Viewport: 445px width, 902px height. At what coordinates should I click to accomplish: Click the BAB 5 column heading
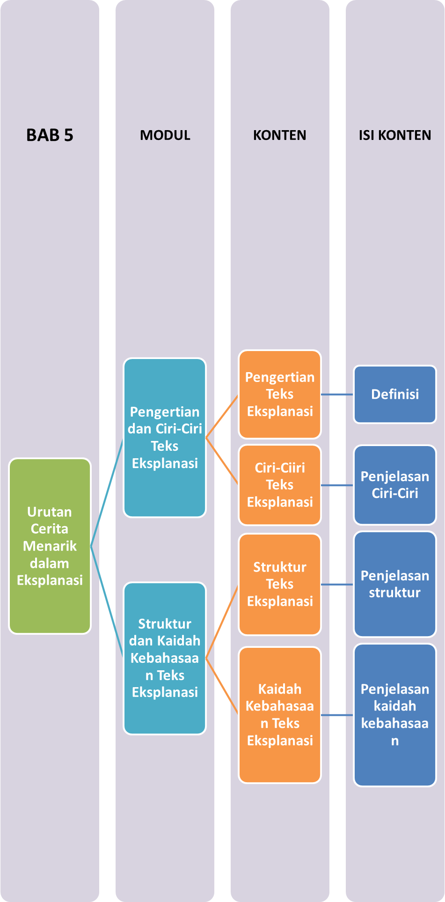click(x=50, y=135)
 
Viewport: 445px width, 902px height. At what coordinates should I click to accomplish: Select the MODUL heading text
click(x=165, y=135)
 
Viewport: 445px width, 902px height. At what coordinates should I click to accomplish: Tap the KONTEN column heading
click(x=279, y=135)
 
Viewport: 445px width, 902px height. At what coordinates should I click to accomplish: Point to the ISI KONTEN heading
click(x=395, y=135)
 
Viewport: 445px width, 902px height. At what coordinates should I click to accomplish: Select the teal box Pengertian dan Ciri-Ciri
click(x=165, y=438)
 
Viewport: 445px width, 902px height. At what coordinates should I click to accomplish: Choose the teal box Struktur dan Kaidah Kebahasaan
click(x=165, y=658)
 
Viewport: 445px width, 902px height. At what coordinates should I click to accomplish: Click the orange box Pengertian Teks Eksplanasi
click(x=280, y=394)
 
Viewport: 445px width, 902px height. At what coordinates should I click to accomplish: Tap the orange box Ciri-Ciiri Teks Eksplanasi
click(x=280, y=485)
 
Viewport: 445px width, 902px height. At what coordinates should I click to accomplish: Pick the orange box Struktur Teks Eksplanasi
click(x=280, y=584)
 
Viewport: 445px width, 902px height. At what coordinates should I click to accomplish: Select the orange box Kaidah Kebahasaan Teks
click(x=280, y=715)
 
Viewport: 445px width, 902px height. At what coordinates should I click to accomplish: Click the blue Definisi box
click(x=395, y=394)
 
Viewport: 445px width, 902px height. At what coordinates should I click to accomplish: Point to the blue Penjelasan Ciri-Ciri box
click(x=395, y=485)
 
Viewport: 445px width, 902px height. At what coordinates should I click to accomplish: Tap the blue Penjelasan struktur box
click(x=395, y=584)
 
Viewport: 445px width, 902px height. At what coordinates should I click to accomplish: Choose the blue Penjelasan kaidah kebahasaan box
click(x=395, y=715)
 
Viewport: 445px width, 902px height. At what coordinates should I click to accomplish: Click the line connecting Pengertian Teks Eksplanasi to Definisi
click(x=337, y=395)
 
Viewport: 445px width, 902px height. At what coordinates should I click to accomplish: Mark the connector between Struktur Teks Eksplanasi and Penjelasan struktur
click(x=337, y=585)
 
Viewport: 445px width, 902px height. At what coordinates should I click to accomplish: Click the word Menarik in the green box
click(x=50, y=546)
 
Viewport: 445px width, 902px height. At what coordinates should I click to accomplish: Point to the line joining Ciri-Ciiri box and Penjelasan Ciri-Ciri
click(x=337, y=485)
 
